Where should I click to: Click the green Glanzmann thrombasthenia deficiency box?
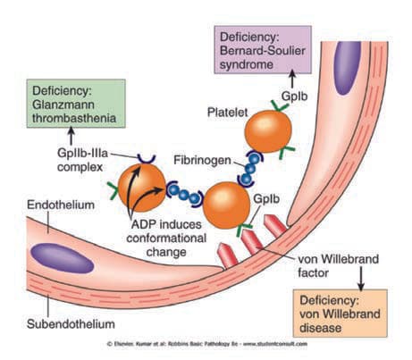point(76,104)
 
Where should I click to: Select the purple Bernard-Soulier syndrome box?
point(263,50)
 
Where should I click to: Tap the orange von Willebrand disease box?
point(341,314)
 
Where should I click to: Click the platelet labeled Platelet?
point(268,131)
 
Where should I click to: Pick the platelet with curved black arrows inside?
point(142,188)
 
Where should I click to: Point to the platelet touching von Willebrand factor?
point(226,205)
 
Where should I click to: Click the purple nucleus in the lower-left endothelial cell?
point(63,258)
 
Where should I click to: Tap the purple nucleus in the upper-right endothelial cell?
point(347,68)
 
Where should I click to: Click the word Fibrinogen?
point(202,160)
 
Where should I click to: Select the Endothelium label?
point(61,205)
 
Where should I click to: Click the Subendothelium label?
point(71,324)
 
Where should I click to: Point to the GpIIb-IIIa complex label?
point(82,160)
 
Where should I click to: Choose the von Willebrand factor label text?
point(339,266)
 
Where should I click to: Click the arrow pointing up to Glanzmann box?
point(71,136)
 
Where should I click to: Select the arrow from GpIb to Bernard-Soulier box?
point(292,79)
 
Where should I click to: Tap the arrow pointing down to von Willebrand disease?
point(361,279)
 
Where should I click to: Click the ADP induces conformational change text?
point(166,239)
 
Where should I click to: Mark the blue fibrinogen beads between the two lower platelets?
point(184,195)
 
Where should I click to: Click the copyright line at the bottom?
point(207,344)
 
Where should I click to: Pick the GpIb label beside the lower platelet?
point(266,199)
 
